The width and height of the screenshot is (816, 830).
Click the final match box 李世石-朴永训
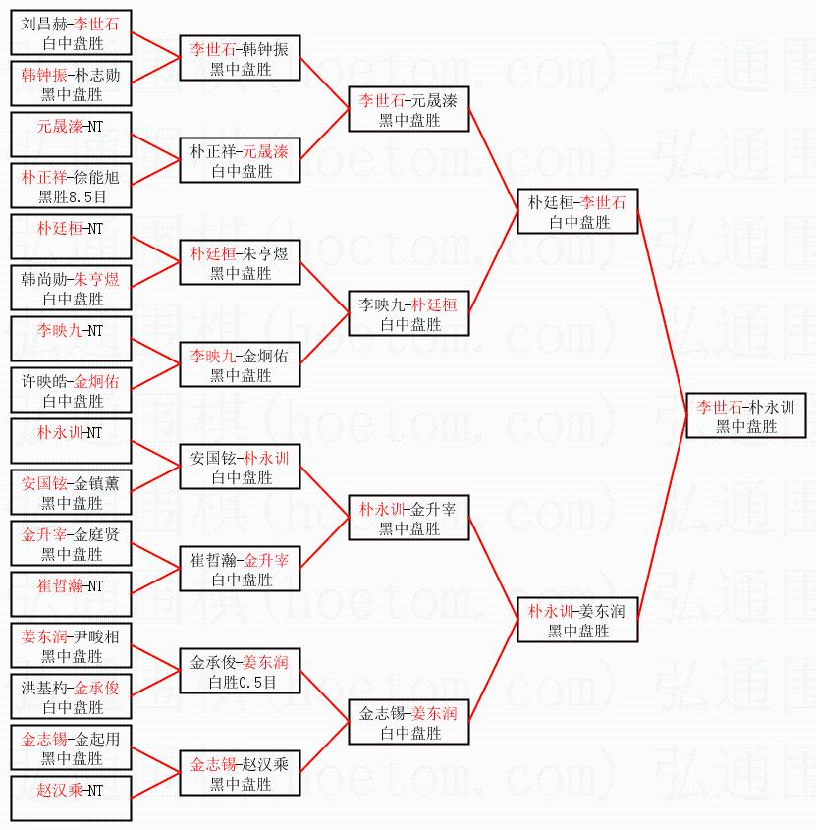pyautogui.click(x=746, y=415)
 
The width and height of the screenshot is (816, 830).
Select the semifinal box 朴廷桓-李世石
pyautogui.click(x=577, y=211)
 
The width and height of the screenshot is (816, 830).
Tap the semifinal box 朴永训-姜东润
pyautogui.click(x=577, y=620)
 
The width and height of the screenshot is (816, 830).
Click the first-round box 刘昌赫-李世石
pyautogui.click(x=72, y=32)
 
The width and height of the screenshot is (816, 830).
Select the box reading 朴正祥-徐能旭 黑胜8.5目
pyautogui.click(x=72, y=186)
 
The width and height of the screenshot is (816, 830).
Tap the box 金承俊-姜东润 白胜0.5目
pyautogui.click(x=241, y=671)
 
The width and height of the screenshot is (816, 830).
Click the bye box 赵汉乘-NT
pyautogui.click(x=72, y=799)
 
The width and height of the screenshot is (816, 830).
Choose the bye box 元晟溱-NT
pyautogui.click(x=72, y=135)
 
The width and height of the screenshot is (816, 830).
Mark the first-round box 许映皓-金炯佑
pyautogui.click(x=72, y=390)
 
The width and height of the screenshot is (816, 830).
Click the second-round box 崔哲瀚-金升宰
pyautogui.click(x=241, y=569)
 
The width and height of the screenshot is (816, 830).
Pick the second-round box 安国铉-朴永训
pyautogui.click(x=241, y=467)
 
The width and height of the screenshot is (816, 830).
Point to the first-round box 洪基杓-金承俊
pyautogui.click(x=72, y=696)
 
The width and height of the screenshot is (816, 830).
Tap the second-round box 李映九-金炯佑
pyautogui.click(x=241, y=364)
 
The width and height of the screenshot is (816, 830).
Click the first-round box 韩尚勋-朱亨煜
pyautogui.click(x=72, y=288)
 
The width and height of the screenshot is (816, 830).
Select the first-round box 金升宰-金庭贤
pyautogui.click(x=72, y=543)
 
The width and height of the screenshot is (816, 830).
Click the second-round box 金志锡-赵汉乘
pyautogui.click(x=241, y=773)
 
